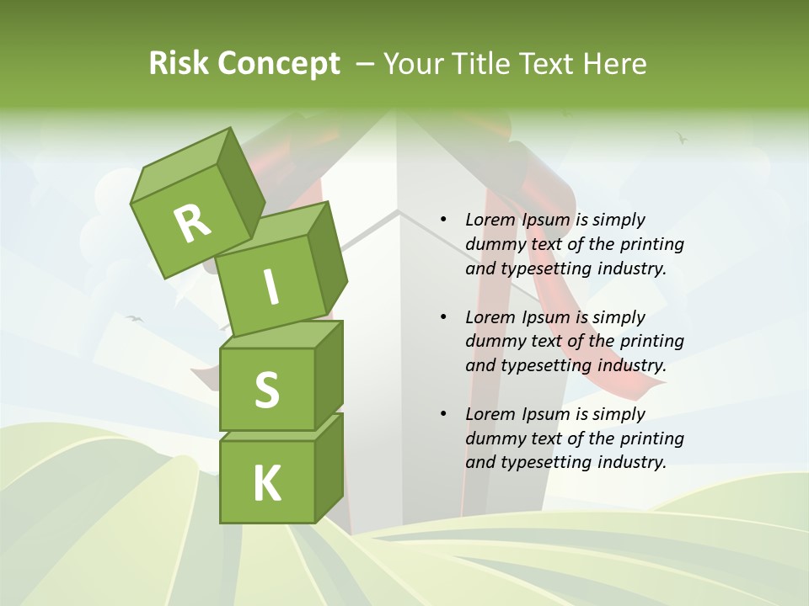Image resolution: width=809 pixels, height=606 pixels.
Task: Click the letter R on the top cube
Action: [192, 222]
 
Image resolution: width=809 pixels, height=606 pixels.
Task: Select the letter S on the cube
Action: [266, 390]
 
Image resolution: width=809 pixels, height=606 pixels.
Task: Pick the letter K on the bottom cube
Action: [267, 483]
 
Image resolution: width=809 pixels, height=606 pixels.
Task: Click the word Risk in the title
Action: [179, 64]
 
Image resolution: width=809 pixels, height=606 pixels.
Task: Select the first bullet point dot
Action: [443, 220]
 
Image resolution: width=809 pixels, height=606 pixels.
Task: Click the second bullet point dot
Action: [443, 317]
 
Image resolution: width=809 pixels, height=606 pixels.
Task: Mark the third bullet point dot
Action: [443, 414]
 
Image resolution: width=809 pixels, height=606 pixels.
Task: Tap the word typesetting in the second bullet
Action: [548, 366]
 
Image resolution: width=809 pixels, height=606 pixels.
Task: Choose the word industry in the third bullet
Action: [632, 462]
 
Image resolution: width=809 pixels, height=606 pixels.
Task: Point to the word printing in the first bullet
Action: [652, 244]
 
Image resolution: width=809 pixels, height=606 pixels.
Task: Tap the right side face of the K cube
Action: [329, 467]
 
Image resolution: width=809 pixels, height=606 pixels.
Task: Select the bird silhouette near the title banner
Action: [682, 137]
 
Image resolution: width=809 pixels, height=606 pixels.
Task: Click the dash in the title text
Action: [366, 64]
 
